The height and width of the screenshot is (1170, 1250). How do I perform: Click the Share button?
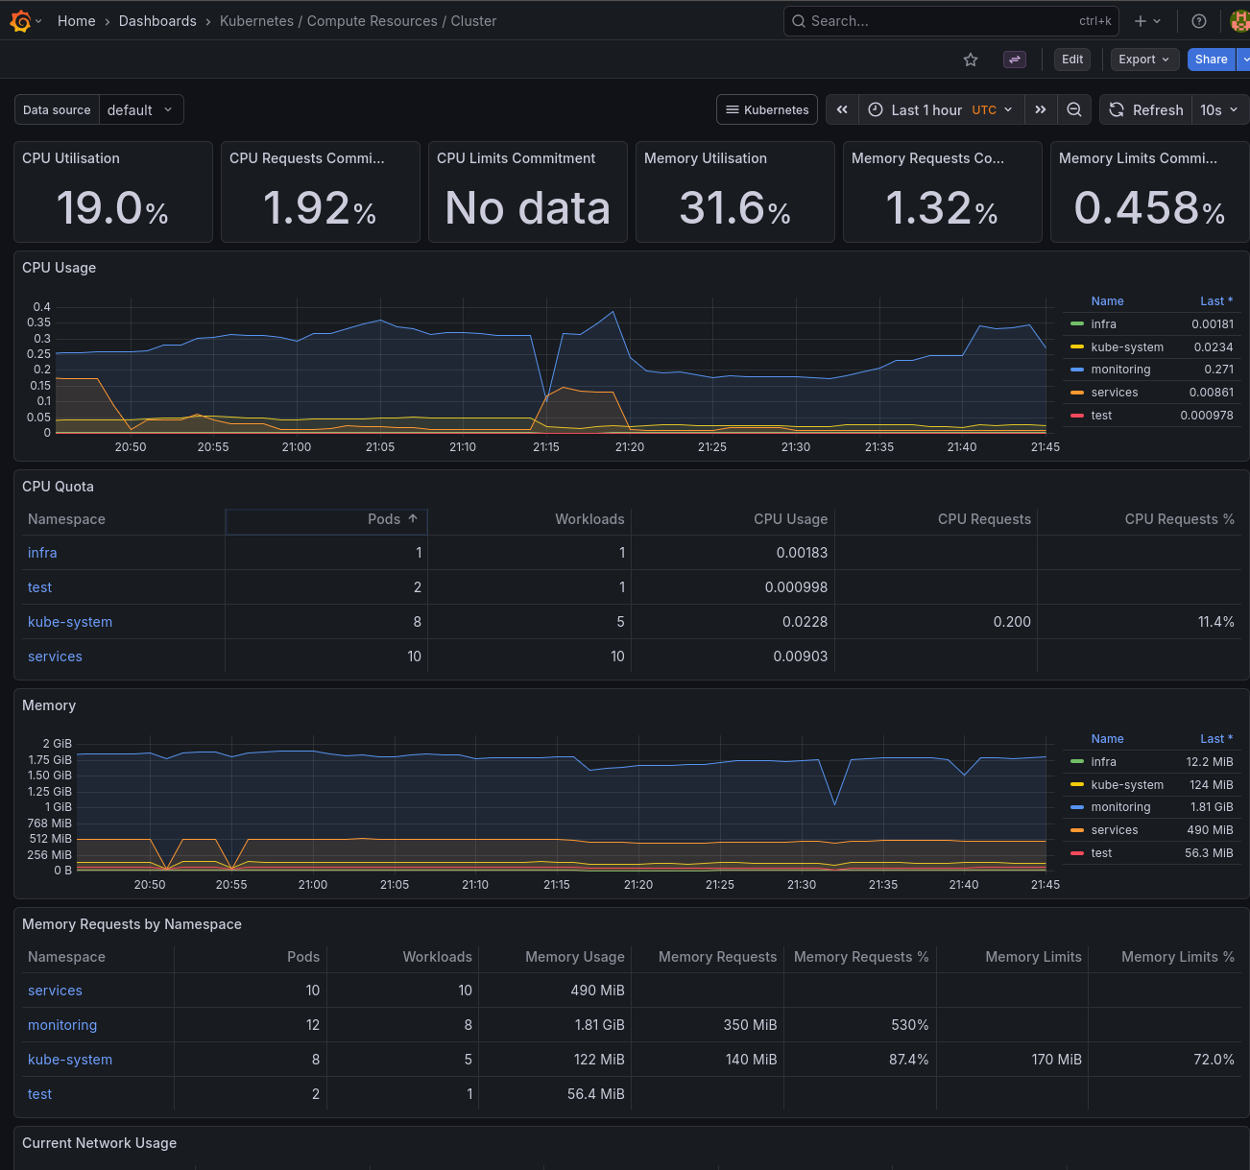1211,60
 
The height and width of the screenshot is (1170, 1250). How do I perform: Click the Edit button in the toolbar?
1071,60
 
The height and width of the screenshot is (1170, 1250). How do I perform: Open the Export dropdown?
1143,60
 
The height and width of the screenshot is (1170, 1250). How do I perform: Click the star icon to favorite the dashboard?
971,60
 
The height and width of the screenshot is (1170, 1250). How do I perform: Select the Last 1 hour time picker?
940,110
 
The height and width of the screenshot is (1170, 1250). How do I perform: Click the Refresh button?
1146,110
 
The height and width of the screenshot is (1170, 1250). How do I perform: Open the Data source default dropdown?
140,110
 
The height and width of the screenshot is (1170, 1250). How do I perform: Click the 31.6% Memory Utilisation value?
734,208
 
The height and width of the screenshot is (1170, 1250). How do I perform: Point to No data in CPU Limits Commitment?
527,208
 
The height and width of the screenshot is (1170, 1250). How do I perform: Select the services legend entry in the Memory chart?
1114,830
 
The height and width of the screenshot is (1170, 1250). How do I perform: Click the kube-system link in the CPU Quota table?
70,622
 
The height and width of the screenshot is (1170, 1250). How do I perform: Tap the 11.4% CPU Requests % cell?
1215,622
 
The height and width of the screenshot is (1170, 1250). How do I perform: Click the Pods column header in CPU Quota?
384,519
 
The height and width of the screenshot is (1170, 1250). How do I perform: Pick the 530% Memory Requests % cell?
909,1025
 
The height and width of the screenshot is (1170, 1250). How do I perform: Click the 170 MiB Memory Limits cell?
1056,1060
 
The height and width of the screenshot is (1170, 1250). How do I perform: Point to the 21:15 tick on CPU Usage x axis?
546,447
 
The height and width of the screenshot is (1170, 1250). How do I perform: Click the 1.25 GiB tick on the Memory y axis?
50,792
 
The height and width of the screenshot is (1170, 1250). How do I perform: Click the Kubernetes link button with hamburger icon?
767,110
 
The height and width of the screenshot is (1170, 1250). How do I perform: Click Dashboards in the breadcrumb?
157,21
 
